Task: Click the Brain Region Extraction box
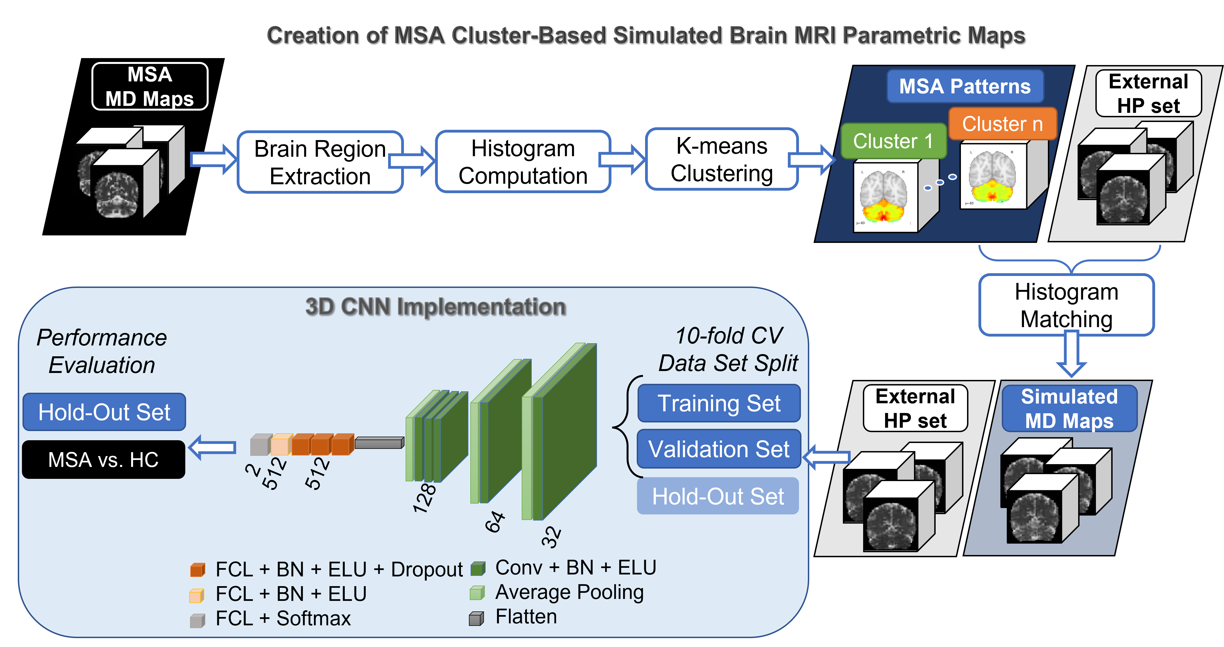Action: coord(320,162)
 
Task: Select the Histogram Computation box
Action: coord(523,162)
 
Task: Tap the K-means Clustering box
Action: coord(721,159)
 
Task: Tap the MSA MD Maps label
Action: coord(150,86)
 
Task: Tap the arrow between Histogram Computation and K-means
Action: coord(623,160)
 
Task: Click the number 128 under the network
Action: coord(424,498)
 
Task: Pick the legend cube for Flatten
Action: coord(476,618)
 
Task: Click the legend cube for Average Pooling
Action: coord(477,593)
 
